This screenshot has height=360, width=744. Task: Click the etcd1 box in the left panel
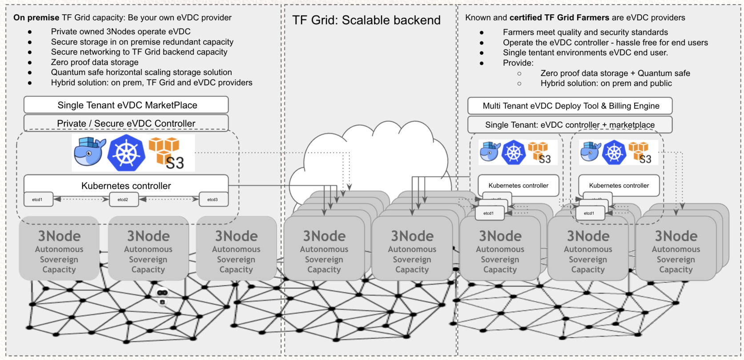[38, 200]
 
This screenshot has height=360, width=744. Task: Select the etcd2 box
[123, 200]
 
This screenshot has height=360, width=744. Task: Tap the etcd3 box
[213, 200]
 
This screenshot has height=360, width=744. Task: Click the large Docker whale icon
[89, 152]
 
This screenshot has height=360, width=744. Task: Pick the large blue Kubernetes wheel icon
[127, 153]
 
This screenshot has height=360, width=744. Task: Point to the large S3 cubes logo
[167, 153]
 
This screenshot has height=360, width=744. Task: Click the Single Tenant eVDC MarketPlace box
[126, 105]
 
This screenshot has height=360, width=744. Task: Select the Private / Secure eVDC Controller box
[126, 123]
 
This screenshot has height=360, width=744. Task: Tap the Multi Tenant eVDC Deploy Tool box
[570, 106]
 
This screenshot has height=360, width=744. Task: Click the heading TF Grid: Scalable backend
[366, 20]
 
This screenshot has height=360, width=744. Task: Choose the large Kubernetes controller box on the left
[126, 185]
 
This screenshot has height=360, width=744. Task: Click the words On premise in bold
[36, 18]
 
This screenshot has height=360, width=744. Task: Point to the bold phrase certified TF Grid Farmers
[559, 18]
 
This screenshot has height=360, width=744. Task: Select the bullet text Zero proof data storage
[95, 62]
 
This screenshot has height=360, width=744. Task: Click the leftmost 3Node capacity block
[59, 248]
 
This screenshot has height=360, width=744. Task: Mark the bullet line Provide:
[518, 63]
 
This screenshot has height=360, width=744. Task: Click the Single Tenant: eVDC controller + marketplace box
[570, 125]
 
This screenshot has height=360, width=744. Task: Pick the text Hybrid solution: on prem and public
[606, 84]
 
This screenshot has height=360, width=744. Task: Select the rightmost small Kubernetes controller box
[619, 185]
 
